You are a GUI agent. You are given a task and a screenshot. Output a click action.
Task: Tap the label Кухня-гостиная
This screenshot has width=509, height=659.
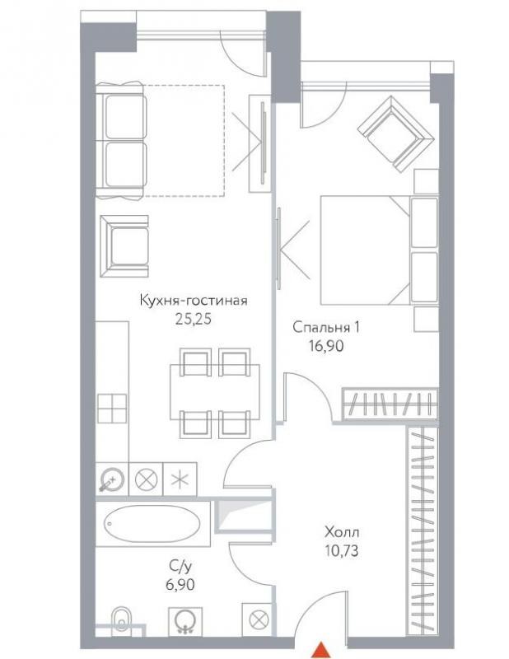[x=194, y=301]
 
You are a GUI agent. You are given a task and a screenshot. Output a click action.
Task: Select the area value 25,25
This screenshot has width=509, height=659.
[x=193, y=320]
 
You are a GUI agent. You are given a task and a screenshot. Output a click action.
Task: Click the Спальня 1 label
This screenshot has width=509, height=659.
[x=326, y=327]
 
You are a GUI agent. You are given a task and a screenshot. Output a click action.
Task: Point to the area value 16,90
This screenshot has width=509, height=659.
[x=326, y=346]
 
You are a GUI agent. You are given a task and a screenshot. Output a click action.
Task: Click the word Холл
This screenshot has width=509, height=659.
[x=342, y=532]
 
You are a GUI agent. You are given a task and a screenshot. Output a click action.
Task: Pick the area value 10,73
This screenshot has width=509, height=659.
[x=342, y=550]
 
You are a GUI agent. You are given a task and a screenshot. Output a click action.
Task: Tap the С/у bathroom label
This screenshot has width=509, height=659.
[x=180, y=567]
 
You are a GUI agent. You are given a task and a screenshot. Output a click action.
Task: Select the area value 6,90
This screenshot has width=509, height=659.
[x=180, y=585]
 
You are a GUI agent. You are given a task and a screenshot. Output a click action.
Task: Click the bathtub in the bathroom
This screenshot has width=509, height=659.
[x=152, y=524]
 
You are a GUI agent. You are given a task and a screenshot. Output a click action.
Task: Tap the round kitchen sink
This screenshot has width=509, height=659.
[x=112, y=479]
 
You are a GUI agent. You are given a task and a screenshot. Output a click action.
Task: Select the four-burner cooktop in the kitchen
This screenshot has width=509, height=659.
[x=112, y=408]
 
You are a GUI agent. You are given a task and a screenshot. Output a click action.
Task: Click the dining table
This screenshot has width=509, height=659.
[x=214, y=392]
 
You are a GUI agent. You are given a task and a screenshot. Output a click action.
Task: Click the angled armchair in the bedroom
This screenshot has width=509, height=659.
[x=395, y=133]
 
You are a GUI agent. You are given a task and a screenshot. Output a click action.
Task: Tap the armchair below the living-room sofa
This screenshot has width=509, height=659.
[x=124, y=246]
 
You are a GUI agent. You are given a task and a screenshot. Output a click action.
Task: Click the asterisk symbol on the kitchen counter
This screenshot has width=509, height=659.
[x=180, y=479]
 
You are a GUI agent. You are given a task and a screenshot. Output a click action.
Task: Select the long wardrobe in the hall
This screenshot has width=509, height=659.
[x=423, y=531]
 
